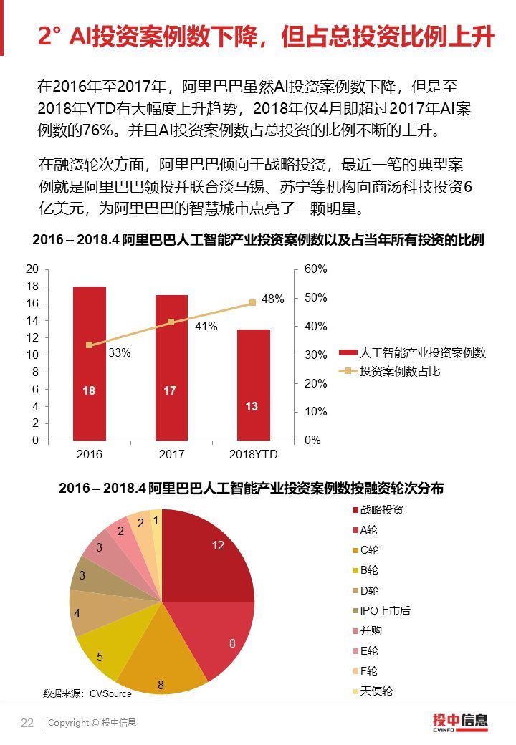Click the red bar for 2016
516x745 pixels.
pyautogui.click(x=90, y=363)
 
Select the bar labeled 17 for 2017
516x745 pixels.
pyautogui.click(x=171, y=367)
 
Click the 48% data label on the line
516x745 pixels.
pyautogui.click(x=273, y=299)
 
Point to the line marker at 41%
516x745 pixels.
pyautogui.click(x=171, y=322)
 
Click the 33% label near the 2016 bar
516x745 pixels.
pyautogui.click(x=119, y=352)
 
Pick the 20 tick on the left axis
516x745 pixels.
pyautogui.click(x=32, y=269)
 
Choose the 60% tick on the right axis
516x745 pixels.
pyautogui.click(x=315, y=269)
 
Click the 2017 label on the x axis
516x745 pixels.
pyautogui.click(x=171, y=454)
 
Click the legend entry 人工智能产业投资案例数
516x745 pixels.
pyautogui.click(x=422, y=353)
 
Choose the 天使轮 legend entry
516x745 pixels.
pyautogui.click(x=376, y=691)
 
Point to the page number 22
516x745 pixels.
pyautogui.click(x=27, y=723)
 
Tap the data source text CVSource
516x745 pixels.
pyautogui.click(x=87, y=693)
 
